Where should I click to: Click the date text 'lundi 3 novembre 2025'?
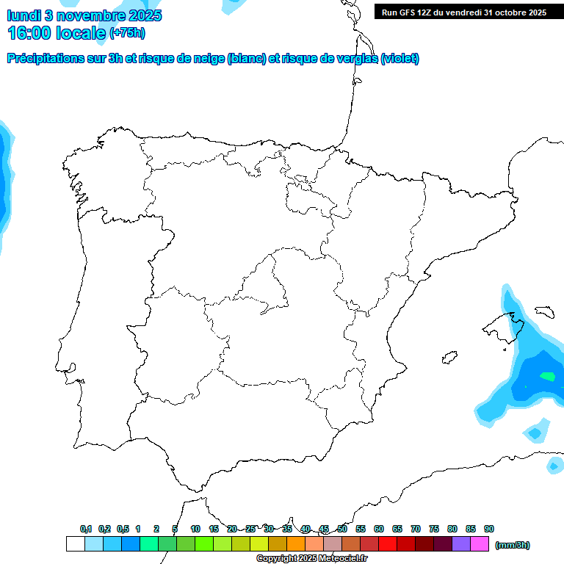(84, 15)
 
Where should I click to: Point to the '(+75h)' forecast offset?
(127, 33)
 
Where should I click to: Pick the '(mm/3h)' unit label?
(513, 545)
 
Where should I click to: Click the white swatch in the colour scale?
(75, 544)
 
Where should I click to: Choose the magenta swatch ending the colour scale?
(480, 544)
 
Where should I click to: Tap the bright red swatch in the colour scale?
(388, 544)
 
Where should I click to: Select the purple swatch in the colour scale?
(461, 544)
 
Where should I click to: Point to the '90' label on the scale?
(489, 529)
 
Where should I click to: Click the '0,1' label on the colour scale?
(86, 529)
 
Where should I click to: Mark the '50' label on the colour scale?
(342, 529)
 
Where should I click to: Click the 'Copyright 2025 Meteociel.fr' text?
(311, 559)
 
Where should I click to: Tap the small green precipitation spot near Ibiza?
(547, 377)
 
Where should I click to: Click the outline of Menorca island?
(544, 312)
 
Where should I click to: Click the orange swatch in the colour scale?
(296, 544)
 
